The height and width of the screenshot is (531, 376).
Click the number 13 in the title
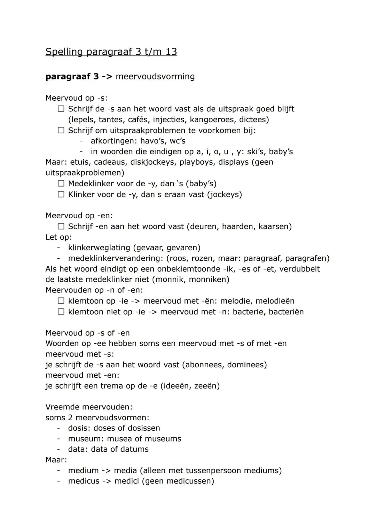[171, 52]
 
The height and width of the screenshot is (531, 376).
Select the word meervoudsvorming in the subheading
[155, 76]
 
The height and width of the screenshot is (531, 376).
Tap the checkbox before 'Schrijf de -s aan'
[61, 109]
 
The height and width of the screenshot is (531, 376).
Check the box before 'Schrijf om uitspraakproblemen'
[61, 131]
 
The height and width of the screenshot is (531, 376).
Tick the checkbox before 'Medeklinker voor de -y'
[61, 184]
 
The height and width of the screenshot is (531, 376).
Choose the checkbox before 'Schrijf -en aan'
[61, 227]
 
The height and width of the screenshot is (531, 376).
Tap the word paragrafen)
[307, 258]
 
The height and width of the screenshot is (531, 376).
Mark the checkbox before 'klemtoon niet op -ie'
[61, 312]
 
